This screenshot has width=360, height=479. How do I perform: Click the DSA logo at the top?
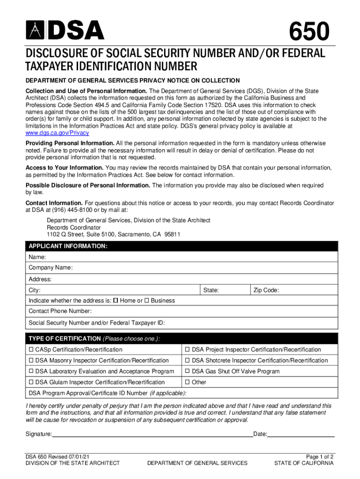tap(65, 31)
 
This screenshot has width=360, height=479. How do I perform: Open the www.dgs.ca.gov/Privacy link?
tap(57, 133)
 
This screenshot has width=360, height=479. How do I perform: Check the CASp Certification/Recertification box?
tap(31, 349)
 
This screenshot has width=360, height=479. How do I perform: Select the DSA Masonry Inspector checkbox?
tap(31, 360)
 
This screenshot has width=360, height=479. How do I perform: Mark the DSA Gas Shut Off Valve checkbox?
tap(188, 371)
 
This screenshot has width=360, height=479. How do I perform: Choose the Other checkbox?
tap(188, 382)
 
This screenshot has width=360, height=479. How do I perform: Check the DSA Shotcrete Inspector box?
tap(188, 360)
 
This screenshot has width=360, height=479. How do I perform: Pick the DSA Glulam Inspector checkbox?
tap(31, 382)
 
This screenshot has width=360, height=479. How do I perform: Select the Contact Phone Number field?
tap(210, 311)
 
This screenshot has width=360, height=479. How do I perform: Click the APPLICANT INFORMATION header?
tap(68, 246)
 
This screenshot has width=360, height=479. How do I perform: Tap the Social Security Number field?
tap(248, 323)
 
